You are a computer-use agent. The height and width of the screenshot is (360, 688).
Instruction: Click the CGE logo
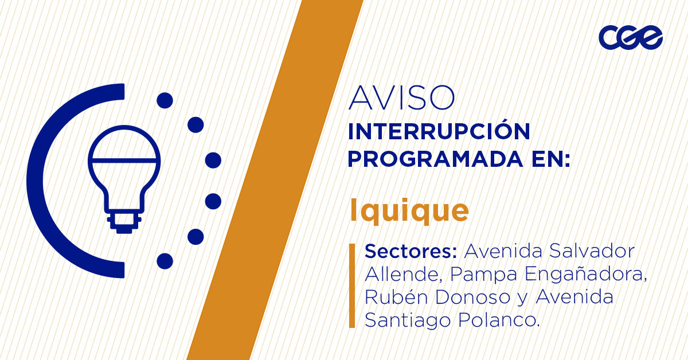pyautogui.click(x=631, y=38)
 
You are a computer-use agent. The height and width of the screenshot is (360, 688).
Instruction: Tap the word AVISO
pyautogui.click(x=401, y=99)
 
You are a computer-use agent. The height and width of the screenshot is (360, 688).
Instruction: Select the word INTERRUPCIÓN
pyautogui.click(x=439, y=131)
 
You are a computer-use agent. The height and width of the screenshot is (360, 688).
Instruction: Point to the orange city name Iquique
pyautogui.click(x=409, y=211)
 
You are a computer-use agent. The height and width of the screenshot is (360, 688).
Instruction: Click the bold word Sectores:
pyautogui.click(x=411, y=252)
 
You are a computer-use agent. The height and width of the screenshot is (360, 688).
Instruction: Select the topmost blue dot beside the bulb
pyautogui.click(x=165, y=101)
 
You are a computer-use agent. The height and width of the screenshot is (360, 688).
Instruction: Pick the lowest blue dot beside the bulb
pyautogui.click(x=165, y=261)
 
